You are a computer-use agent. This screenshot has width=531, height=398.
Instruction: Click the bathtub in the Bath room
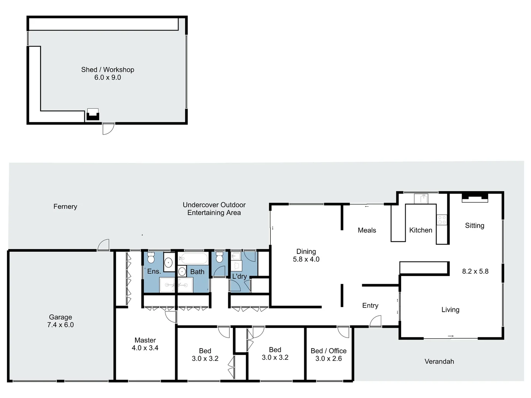[x=193, y=258]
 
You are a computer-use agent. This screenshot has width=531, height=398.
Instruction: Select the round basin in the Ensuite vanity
[x=169, y=263]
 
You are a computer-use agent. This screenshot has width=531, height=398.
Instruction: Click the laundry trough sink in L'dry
[x=236, y=256]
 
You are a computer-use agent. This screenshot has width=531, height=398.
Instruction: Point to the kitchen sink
[x=420, y=199]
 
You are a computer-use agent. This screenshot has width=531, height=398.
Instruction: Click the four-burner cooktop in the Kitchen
[x=441, y=220]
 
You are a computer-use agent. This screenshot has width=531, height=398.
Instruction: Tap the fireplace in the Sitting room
[x=475, y=197]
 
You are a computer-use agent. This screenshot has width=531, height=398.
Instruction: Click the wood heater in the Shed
[x=93, y=115]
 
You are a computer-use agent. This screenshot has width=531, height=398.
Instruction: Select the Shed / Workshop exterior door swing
[x=108, y=129]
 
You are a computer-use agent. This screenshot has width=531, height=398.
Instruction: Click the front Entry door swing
[x=375, y=322]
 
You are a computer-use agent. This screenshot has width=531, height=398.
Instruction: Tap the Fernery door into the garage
[x=104, y=245]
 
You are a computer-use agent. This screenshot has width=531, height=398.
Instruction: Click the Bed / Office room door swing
[x=343, y=332]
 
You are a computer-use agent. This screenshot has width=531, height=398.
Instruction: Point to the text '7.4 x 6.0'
[x=60, y=325]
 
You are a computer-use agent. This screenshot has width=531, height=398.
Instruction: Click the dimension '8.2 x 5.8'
[x=475, y=271]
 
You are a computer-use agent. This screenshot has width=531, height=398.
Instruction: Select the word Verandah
[x=439, y=362]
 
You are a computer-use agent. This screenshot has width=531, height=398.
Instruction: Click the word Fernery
[x=65, y=206]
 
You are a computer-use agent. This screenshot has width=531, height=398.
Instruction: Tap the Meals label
[x=367, y=230]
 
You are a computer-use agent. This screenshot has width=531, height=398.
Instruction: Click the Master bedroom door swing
[x=171, y=317]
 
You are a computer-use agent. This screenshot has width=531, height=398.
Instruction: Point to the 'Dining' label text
[x=306, y=251]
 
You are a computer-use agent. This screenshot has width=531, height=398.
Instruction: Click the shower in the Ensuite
[x=167, y=285]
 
